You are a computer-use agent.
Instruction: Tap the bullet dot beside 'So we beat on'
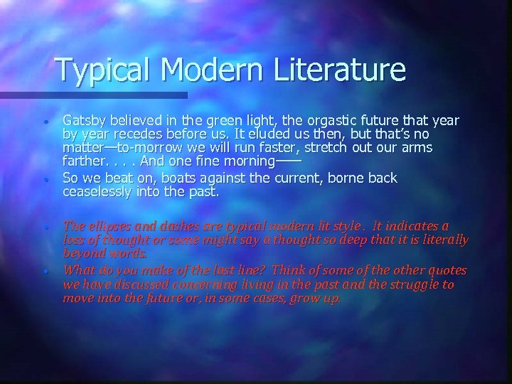[45, 178]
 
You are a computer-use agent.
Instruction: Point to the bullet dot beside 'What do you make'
[45, 272]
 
